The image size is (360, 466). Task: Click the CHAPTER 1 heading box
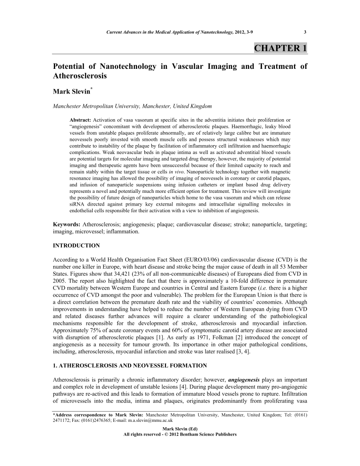280,48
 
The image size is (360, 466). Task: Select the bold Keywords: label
67,225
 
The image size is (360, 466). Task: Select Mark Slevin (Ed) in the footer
180,429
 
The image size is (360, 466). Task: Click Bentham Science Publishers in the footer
209,434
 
